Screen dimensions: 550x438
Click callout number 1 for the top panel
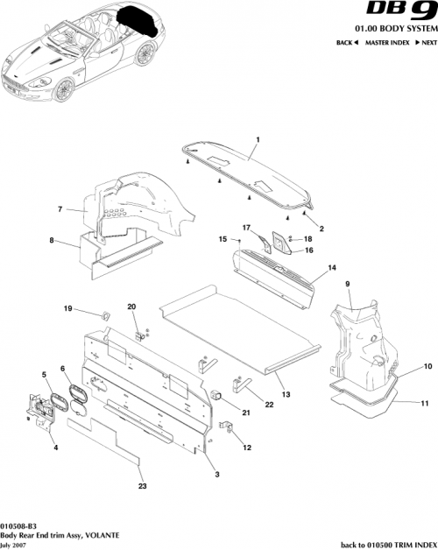(x=258, y=140)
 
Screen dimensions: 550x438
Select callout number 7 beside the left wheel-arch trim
(x=60, y=209)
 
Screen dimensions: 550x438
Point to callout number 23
(x=141, y=486)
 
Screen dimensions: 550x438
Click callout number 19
(x=67, y=308)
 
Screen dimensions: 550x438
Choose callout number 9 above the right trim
(x=347, y=285)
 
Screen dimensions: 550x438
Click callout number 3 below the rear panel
(x=217, y=473)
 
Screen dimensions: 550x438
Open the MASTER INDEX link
(x=389, y=43)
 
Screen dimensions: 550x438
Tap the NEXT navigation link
(x=427, y=43)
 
